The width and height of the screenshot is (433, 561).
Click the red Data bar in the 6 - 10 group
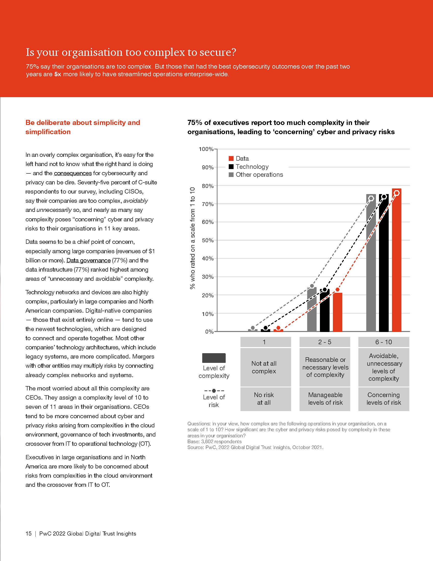point(397,262)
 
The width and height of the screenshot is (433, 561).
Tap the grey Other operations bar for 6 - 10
point(371,265)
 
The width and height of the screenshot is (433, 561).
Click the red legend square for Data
point(231,159)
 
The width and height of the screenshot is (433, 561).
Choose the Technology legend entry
point(252,167)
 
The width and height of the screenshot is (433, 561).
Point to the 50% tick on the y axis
point(208,240)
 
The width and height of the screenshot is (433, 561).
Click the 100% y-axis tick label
point(206,149)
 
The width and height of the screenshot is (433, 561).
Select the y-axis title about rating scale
point(192,238)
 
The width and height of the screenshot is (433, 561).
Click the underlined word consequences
point(73,173)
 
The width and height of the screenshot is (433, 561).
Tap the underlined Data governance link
point(88,260)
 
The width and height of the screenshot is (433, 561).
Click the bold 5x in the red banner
point(58,74)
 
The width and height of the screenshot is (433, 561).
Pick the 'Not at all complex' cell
point(264,367)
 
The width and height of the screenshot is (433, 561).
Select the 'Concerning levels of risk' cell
point(384,399)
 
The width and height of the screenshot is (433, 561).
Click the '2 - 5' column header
point(324,342)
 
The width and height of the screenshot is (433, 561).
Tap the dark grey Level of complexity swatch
point(214,358)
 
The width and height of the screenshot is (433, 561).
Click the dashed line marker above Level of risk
point(214,391)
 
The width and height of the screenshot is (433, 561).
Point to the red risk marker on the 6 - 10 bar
point(397,193)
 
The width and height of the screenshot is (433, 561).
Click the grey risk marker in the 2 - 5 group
point(312,286)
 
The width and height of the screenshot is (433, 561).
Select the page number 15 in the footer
point(28,533)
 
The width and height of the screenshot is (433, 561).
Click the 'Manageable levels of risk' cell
point(325,399)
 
